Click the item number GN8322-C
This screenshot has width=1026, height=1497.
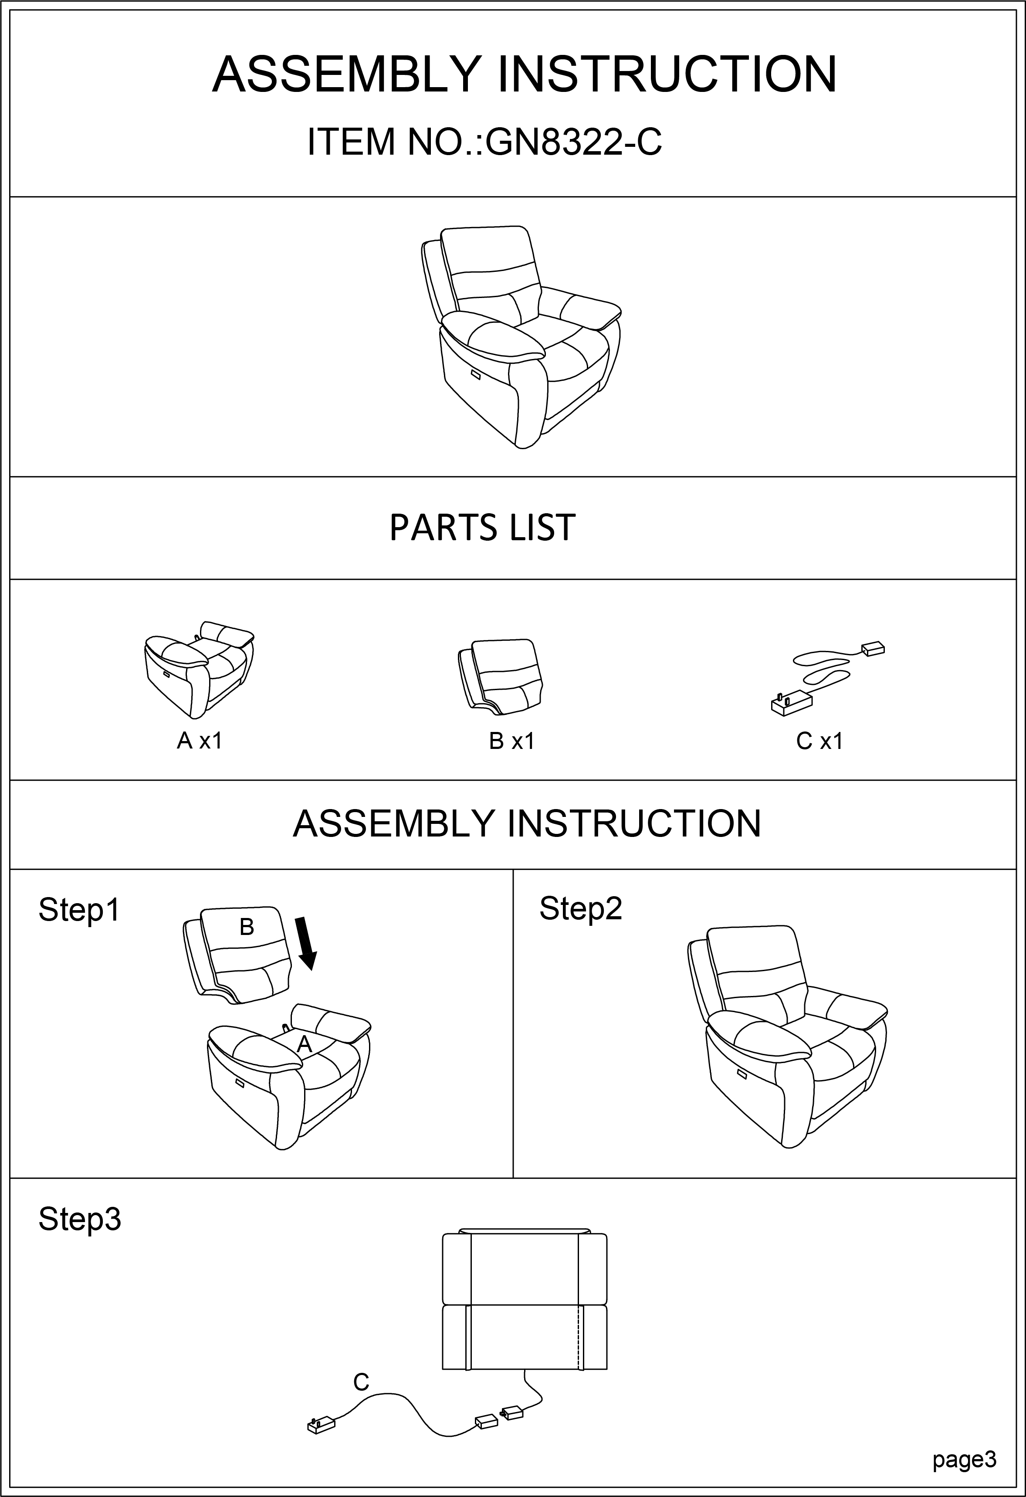click(573, 142)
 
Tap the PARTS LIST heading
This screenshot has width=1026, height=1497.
click(482, 528)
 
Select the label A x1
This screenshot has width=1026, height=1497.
click(200, 742)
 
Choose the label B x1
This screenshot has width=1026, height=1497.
click(512, 742)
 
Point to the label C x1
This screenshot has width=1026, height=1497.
click(819, 742)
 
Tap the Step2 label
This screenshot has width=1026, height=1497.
click(580, 909)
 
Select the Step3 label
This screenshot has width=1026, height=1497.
click(80, 1219)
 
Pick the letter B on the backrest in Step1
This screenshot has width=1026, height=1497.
click(247, 927)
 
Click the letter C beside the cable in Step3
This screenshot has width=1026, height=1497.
click(361, 1382)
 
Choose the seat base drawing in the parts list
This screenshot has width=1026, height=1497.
click(198, 670)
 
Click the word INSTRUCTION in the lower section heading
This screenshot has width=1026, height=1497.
click(634, 823)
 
